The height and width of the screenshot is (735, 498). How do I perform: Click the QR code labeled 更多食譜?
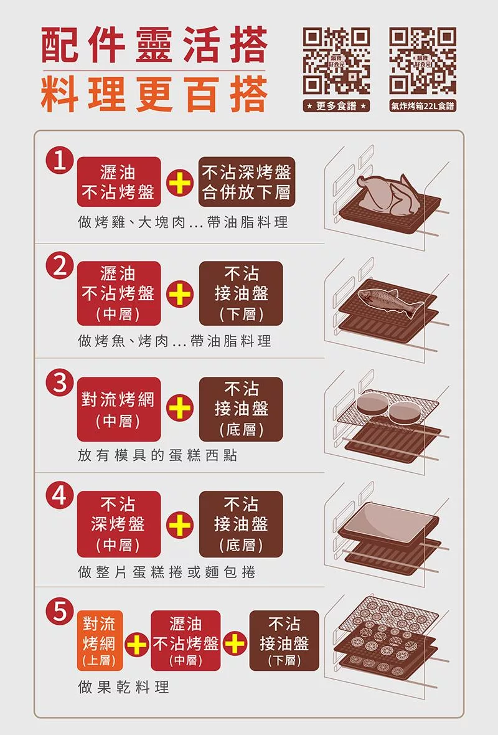(336, 61)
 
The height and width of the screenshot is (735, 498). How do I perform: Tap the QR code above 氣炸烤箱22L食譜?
(423, 61)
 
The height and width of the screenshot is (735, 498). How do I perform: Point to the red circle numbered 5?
(60, 612)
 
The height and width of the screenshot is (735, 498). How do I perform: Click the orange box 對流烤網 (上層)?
(100, 640)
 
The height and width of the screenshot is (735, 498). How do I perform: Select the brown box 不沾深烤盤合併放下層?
(247, 182)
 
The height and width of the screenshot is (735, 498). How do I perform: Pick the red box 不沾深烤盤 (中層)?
(118, 524)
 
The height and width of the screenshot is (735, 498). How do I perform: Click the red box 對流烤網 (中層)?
(118, 409)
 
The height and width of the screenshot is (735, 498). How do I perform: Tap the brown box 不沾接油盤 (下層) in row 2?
(241, 293)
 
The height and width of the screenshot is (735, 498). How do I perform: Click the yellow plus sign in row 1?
(180, 183)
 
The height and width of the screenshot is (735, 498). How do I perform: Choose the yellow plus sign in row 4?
(180, 524)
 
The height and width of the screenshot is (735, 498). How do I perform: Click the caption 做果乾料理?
(124, 687)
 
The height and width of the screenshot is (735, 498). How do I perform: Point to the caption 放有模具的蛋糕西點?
(157, 455)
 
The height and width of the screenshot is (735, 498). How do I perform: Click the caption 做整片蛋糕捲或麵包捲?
(167, 572)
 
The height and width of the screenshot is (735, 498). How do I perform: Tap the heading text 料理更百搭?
(154, 95)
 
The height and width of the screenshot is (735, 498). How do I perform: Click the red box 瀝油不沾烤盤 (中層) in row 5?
(186, 640)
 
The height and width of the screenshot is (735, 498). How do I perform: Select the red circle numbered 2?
(60, 266)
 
